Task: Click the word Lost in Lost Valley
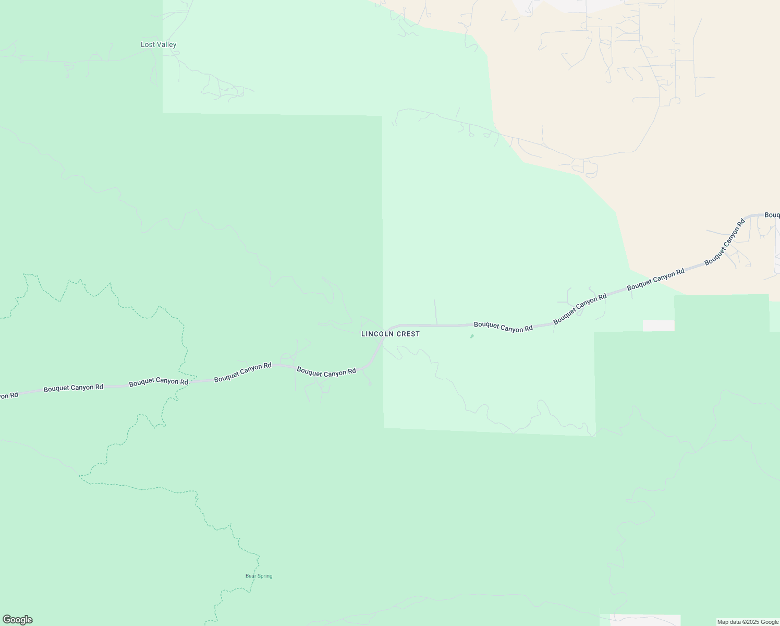[148, 45]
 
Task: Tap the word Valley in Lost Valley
[166, 45]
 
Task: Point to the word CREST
[408, 334]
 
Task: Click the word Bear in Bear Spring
[251, 576]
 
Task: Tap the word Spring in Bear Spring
[265, 576]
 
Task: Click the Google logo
[17, 620]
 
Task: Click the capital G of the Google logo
[7, 620]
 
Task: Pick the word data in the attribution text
[736, 622]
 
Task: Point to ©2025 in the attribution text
[751, 622]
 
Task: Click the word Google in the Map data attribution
[770, 622]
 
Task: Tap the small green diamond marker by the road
[472, 336]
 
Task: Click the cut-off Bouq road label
[772, 215]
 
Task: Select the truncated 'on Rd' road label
[9, 395]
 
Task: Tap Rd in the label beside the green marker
[528, 329]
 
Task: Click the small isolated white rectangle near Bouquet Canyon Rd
[659, 326]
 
